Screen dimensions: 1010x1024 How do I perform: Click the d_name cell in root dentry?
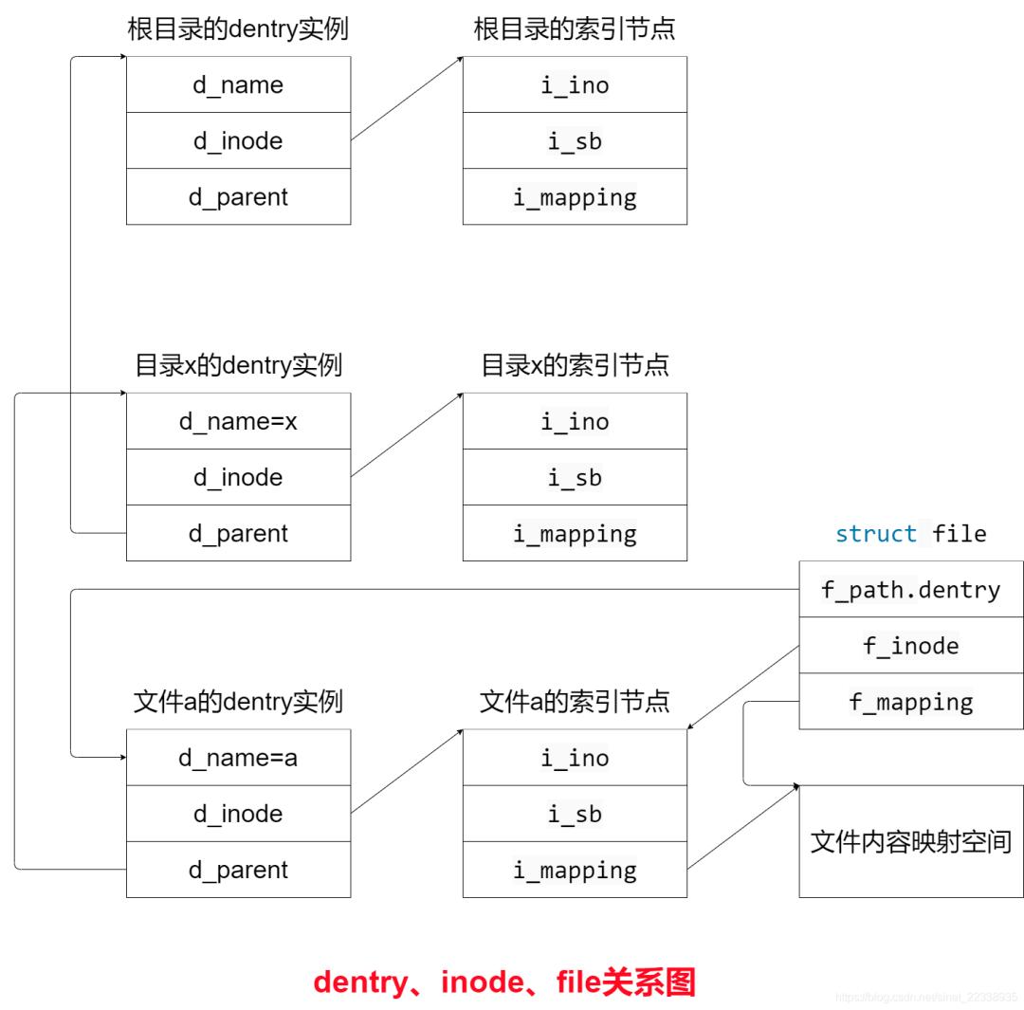(x=238, y=84)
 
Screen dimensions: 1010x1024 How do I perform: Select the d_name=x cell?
(x=238, y=421)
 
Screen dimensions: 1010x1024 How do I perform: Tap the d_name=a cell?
(x=238, y=758)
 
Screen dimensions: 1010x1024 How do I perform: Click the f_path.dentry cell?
(x=910, y=590)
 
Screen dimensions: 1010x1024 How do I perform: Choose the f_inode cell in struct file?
(x=910, y=646)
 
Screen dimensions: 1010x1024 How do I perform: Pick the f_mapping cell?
(x=910, y=702)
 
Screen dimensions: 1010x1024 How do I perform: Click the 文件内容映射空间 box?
(x=910, y=841)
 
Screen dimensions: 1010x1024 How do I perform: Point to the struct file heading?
(x=910, y=534)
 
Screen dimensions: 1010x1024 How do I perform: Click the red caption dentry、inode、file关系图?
(x=504, y=982)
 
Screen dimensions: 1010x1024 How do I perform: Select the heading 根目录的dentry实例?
(x=238, y=28)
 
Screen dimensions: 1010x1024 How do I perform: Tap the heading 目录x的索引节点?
(x=575, y=365)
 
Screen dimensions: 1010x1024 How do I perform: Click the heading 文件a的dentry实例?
(x=238, y=702)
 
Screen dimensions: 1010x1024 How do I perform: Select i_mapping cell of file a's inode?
(x=575, y=870)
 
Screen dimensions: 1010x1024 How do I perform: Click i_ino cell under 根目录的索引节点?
(x=575, y=84)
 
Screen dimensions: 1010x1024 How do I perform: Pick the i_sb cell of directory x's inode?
(x=575, y=477)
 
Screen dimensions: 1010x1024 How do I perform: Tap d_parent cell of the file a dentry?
(x=238, y=870)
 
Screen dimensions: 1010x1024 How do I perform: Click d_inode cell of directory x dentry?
(x=238, y=477)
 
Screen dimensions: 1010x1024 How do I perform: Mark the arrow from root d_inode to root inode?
(x=407, y=99)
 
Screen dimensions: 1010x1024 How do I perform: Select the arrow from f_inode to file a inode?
(x=742, y=688)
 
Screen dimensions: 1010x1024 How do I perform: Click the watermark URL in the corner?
(x=925, y=997)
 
